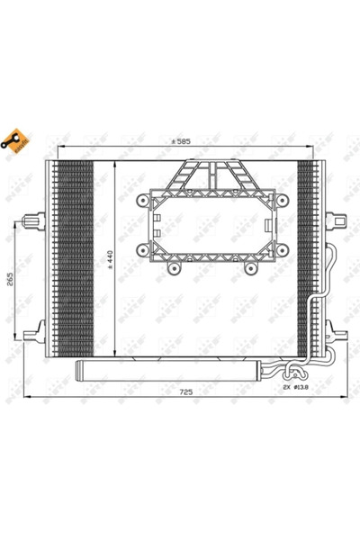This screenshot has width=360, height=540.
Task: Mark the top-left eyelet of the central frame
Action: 142,199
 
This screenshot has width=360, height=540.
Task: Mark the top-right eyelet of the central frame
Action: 282,199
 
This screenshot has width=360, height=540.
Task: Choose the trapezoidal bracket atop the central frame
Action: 212,175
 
